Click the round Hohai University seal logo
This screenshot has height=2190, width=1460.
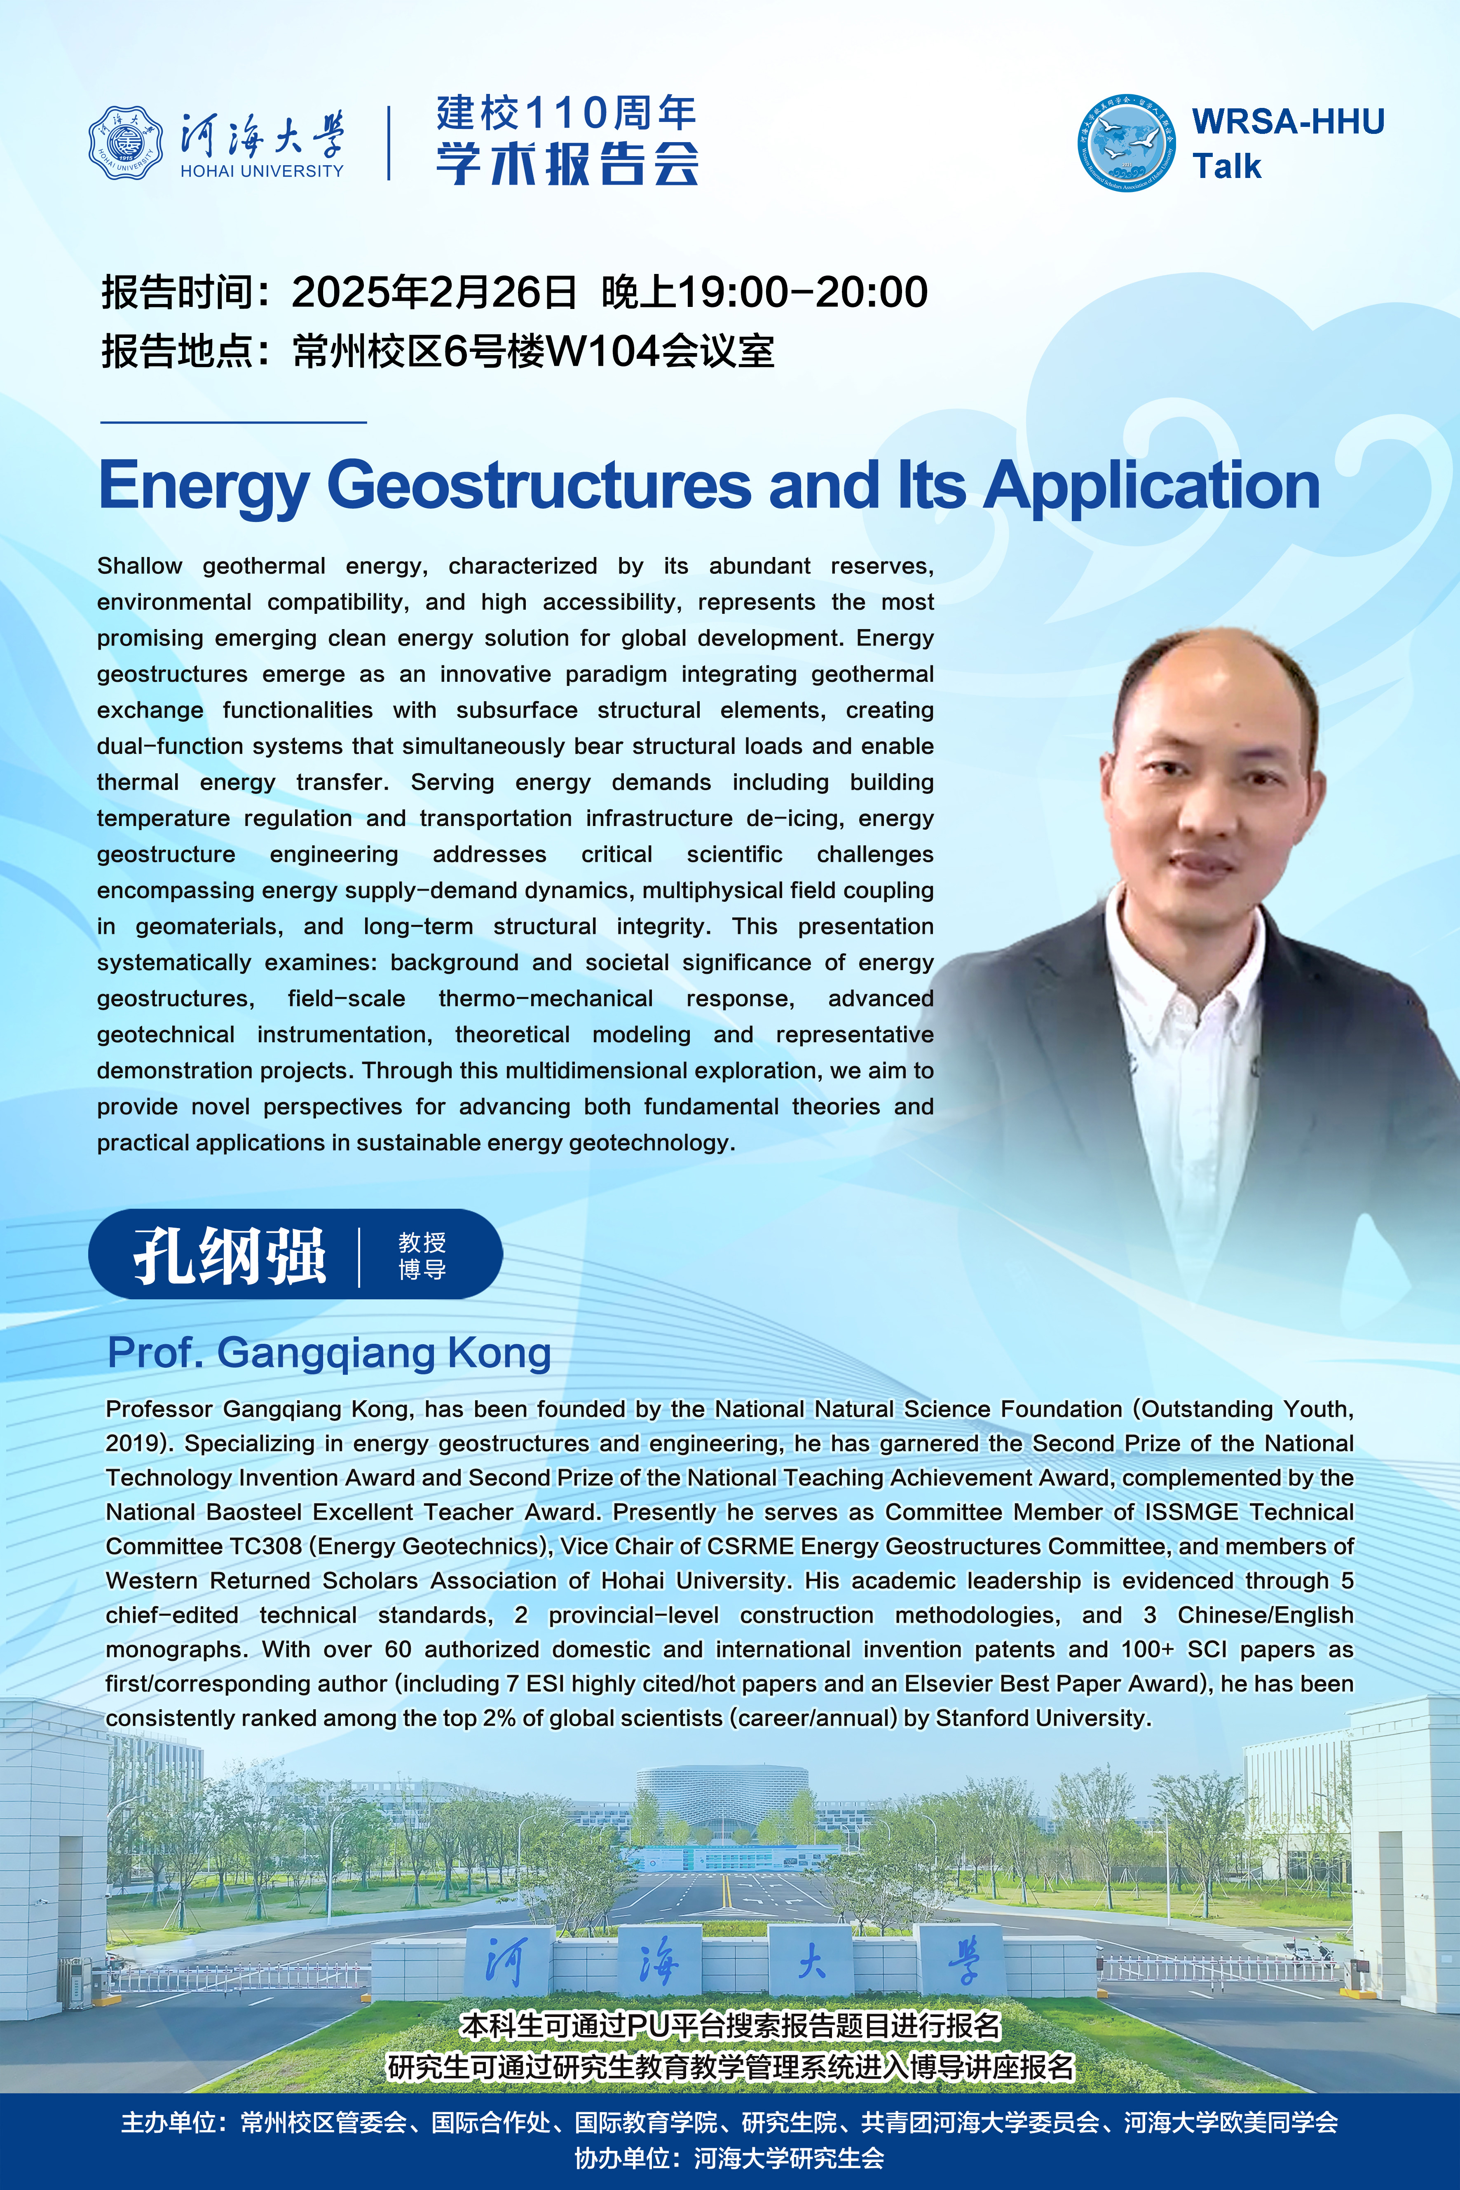click(x=126, y=143)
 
